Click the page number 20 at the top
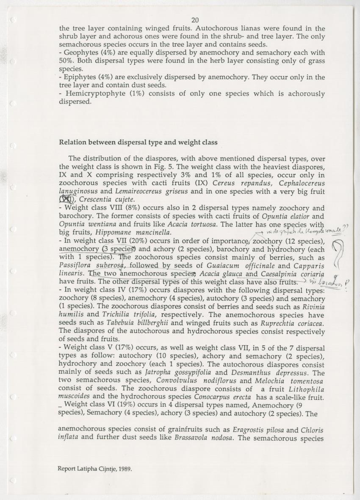tap(195, 20)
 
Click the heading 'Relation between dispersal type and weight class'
tap(138, 142)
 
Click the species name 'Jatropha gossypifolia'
tap(180, 372)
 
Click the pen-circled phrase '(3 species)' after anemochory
tap(119, 249)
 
